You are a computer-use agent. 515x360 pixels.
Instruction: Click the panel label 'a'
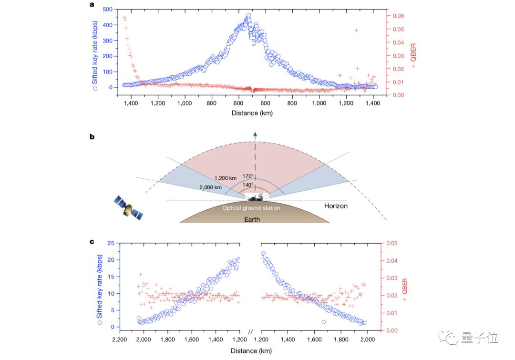click(x=92, y=5)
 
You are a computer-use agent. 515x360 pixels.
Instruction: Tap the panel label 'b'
click(x=92, y=137)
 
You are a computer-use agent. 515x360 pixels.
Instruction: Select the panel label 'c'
click(x=92, y=241)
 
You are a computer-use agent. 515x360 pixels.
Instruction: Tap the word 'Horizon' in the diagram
click(x=336, y=206)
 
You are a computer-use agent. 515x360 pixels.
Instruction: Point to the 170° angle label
click(x=247, y=176)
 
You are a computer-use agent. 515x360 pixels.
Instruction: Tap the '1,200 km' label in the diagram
click(x=225, y=178)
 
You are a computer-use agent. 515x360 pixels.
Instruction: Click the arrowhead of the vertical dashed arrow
click(x=255, y=135)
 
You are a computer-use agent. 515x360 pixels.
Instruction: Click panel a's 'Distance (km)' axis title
click(x=252, y=113)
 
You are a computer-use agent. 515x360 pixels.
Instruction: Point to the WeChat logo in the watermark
click(x=451, y=338)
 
